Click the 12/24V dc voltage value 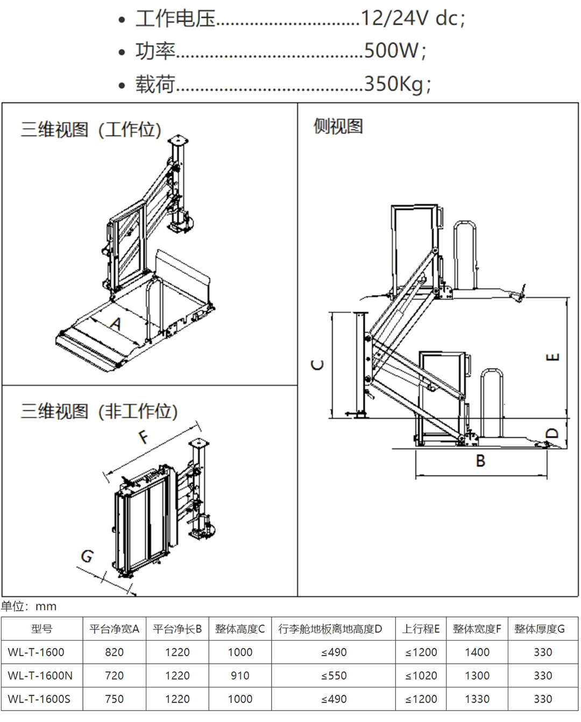[412, 19]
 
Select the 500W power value [395, 51]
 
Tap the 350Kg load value [397, 84]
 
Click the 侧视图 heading [338, 127]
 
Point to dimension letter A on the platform [116, 324]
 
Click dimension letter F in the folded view [143, 436]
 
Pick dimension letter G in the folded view [87, 556]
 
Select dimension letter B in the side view [480, 461]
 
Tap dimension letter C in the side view [318, 365]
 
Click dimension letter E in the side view [553, 357]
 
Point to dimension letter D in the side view [552, 433]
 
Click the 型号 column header [41, 629]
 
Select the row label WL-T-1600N [40, 676]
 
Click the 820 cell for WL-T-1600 [114, 653]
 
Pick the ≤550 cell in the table [334, 676]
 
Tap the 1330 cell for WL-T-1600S [477, 699]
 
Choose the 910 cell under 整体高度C [240, 676]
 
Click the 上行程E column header [421, 629]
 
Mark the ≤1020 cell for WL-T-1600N [421, 676]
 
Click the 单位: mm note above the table [29, 606]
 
